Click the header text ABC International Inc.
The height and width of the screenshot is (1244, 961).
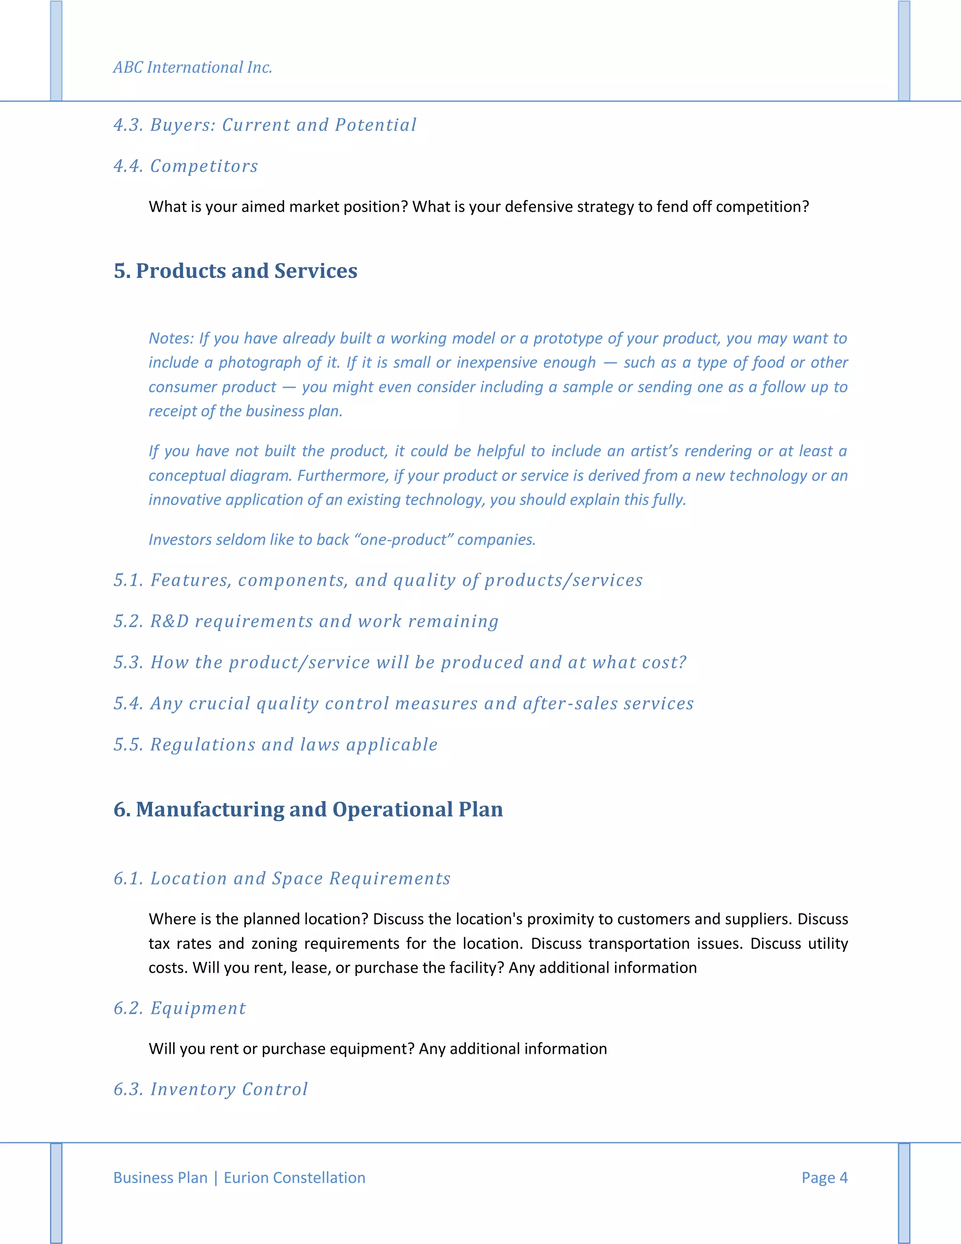(192, 67)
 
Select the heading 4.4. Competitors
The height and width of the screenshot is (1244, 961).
(186, 166)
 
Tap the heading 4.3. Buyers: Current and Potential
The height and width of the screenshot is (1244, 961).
(265, 125)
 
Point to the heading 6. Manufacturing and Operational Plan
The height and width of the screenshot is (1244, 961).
(308, 809)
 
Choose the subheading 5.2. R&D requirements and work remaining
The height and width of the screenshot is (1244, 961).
(306, 621)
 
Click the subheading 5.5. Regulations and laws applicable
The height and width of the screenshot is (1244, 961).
(275, 745)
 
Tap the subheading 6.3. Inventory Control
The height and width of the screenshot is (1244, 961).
(211, 1089)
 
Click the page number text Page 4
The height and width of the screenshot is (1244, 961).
(824, 1177)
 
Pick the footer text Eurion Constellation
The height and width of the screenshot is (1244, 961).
(294, 1177)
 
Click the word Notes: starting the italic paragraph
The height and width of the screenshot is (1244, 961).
(171, 338)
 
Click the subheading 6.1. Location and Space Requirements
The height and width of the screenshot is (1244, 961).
(282, 878)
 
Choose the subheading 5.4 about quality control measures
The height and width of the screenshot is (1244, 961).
(404, 704)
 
